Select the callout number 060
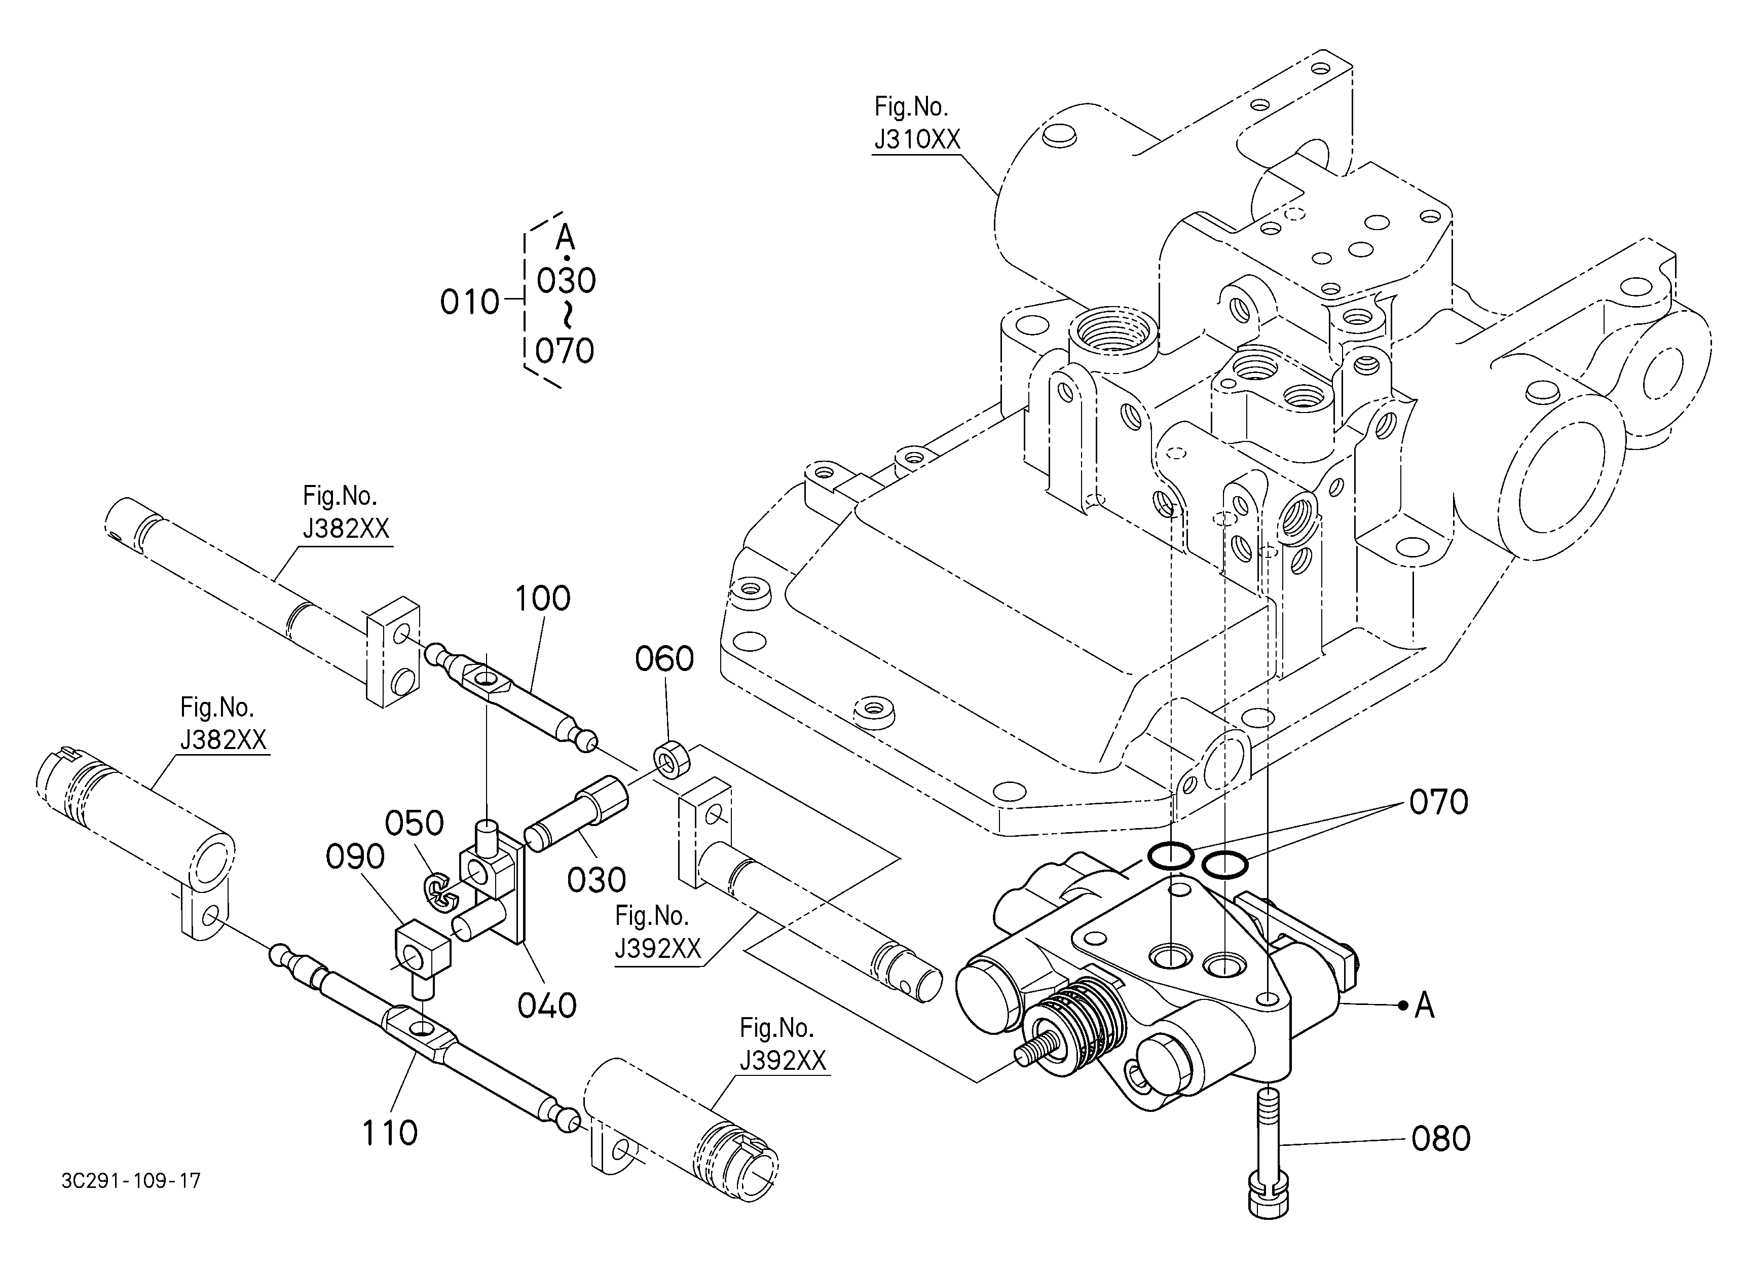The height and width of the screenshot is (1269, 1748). pos(664,659)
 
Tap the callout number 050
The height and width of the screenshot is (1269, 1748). pos(415,824)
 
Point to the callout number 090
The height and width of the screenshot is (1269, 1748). pos(355,857)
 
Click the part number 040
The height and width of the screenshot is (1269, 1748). pos(547,1005)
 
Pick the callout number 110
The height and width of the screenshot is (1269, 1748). pos(390,1133)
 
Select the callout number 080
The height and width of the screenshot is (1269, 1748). pos(1440,1139)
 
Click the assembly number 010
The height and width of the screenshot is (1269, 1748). pos(469,302)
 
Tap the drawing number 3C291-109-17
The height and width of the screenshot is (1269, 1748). pos(131,1180)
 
